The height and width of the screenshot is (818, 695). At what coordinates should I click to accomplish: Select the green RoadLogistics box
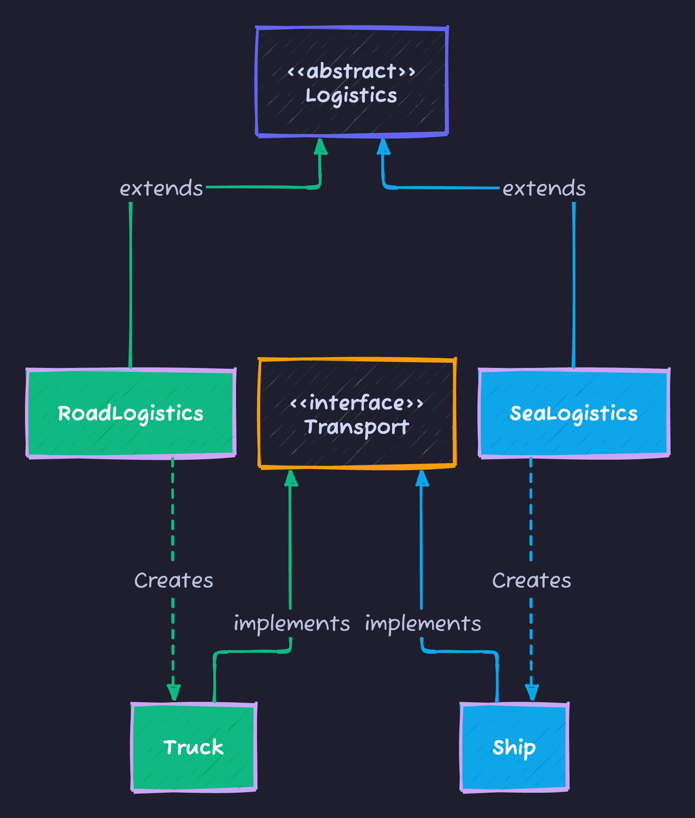coord(131,413)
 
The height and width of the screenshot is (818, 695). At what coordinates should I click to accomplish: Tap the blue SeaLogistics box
coord(574,413)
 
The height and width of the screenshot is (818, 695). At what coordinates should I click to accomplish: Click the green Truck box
coord(194,747)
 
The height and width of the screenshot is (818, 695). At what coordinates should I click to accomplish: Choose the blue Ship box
coord(514,747)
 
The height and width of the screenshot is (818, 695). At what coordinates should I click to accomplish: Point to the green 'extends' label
coord(161,188)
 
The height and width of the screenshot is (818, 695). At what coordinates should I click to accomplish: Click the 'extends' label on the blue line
coord(544,188)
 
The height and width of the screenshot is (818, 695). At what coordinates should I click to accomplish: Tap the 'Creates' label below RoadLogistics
coord(174,580)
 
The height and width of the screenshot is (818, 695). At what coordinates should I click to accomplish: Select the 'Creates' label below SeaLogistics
coord(532,580)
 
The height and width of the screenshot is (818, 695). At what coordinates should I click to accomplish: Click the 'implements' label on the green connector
coord(292,623)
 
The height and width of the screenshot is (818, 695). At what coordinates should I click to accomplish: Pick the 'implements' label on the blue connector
coord(423,623)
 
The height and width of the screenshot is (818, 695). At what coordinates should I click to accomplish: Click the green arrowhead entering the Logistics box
coord(321,147)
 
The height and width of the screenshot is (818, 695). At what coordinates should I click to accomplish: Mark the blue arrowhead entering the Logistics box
coord(383,147)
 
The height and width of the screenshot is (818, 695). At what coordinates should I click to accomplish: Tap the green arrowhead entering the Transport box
coord(291,478)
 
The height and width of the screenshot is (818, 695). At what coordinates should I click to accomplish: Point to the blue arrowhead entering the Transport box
coord(422,478)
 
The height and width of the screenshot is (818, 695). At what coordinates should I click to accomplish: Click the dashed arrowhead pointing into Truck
coord(174,692)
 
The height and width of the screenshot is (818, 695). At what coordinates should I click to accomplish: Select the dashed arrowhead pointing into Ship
coord(532,692)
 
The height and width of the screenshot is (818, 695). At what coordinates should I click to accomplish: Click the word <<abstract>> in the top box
coord(351,71)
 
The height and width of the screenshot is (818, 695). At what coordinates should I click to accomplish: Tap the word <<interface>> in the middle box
coord(357,402)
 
